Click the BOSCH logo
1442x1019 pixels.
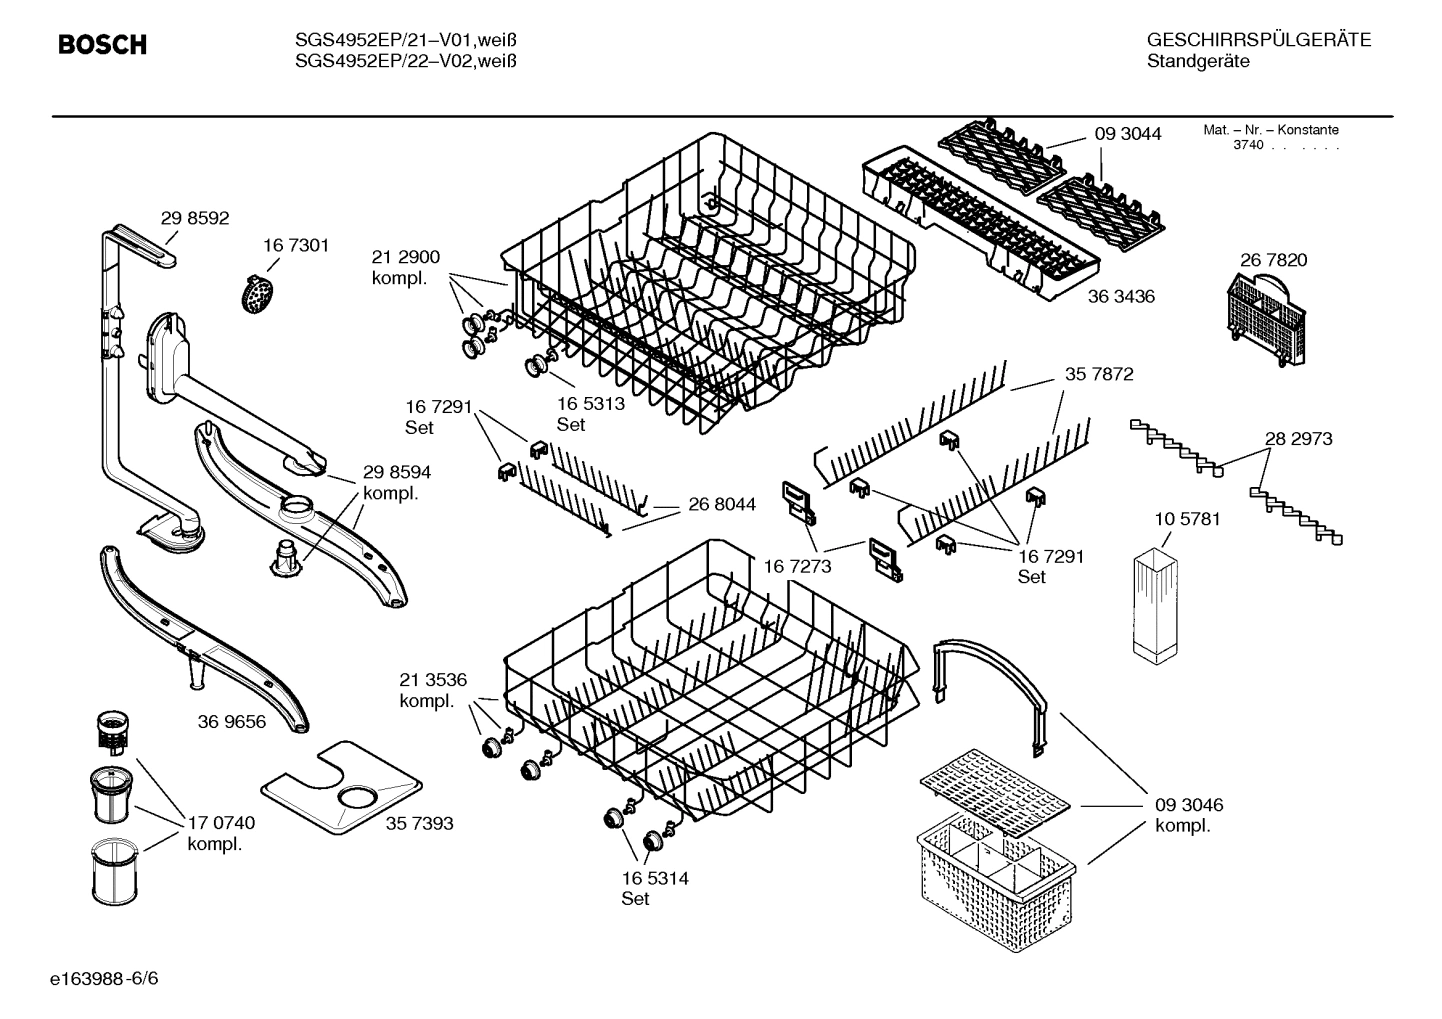tap(102, 45)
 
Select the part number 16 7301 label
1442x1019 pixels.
tap(295, 245)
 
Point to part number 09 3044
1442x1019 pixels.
tap(1127, 133)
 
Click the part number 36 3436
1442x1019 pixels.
tap(1121, 297)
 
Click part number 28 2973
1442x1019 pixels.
tap(1298, 439)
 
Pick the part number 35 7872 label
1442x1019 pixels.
tap(1098, 374)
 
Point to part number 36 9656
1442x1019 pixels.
tap(231, 721)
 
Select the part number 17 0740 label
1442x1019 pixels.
tap(221, 823)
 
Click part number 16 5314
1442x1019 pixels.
tap(654, 879)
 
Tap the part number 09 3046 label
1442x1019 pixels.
tap(1189, 805)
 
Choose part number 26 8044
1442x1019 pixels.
tap(722, 505)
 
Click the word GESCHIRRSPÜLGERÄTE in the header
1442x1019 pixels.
tap(1258, 40)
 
